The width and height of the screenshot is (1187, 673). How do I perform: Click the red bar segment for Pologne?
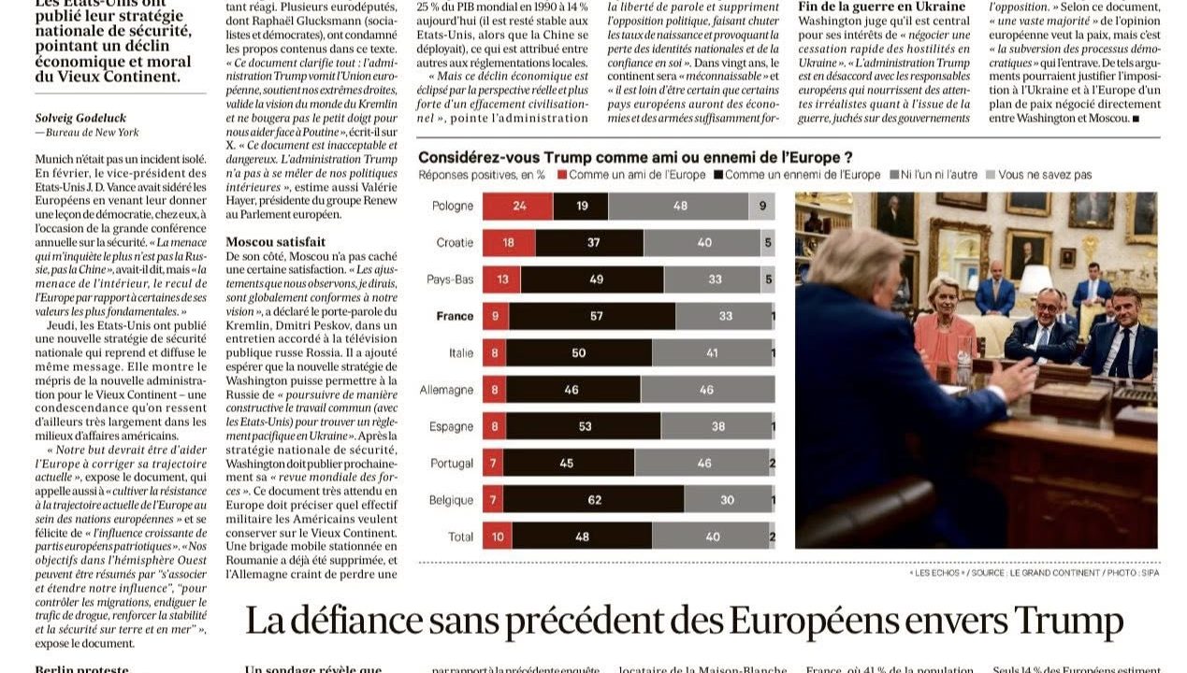click(517, 206)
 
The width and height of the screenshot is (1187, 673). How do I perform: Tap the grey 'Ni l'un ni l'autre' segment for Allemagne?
click(706, 389)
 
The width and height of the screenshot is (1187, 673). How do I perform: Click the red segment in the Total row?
click(497, 536)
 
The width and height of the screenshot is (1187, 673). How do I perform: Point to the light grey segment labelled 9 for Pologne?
click(761, 206)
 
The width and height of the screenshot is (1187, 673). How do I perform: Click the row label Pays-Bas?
click(450, 279)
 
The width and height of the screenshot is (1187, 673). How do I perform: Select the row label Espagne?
click(451, 426)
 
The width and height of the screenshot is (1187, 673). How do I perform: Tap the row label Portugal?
click(451, 463)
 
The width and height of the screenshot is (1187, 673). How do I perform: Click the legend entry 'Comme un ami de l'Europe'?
click(630, 175)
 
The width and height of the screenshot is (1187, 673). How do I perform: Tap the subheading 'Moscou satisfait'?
click(276, 241)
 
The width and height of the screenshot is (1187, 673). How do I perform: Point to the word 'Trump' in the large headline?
click(1067, 622)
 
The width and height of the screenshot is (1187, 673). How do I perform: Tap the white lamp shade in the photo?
click(1035, 279)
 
